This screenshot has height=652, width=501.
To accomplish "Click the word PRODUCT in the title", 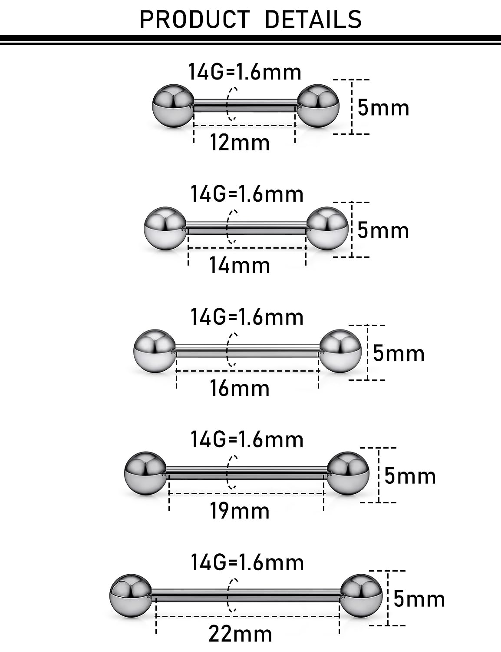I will click(194, 20).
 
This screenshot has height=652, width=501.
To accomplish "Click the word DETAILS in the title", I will click(313, 20).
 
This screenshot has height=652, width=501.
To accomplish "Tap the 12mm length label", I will click(240, 143).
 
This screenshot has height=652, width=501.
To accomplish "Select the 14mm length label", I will click(240, 265).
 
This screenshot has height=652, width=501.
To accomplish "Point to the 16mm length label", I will click(240, 388).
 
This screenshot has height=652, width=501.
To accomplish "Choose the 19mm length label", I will click(240, 511).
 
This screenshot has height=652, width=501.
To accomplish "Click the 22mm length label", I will click(240, 634).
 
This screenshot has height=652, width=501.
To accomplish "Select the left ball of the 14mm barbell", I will click(165, 228).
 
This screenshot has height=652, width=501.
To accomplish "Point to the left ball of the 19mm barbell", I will click(145, 474).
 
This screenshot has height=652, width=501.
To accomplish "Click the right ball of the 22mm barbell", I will click(361, 596).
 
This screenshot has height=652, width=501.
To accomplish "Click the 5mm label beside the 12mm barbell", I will click(383, 108).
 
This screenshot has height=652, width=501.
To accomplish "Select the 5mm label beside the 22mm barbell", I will click(419, 599).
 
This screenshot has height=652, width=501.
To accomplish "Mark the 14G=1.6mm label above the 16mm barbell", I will click(247, 317).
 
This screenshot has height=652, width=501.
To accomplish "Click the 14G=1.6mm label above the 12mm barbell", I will click(245, 72).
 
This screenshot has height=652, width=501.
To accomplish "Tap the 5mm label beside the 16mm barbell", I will click(399, 353).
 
